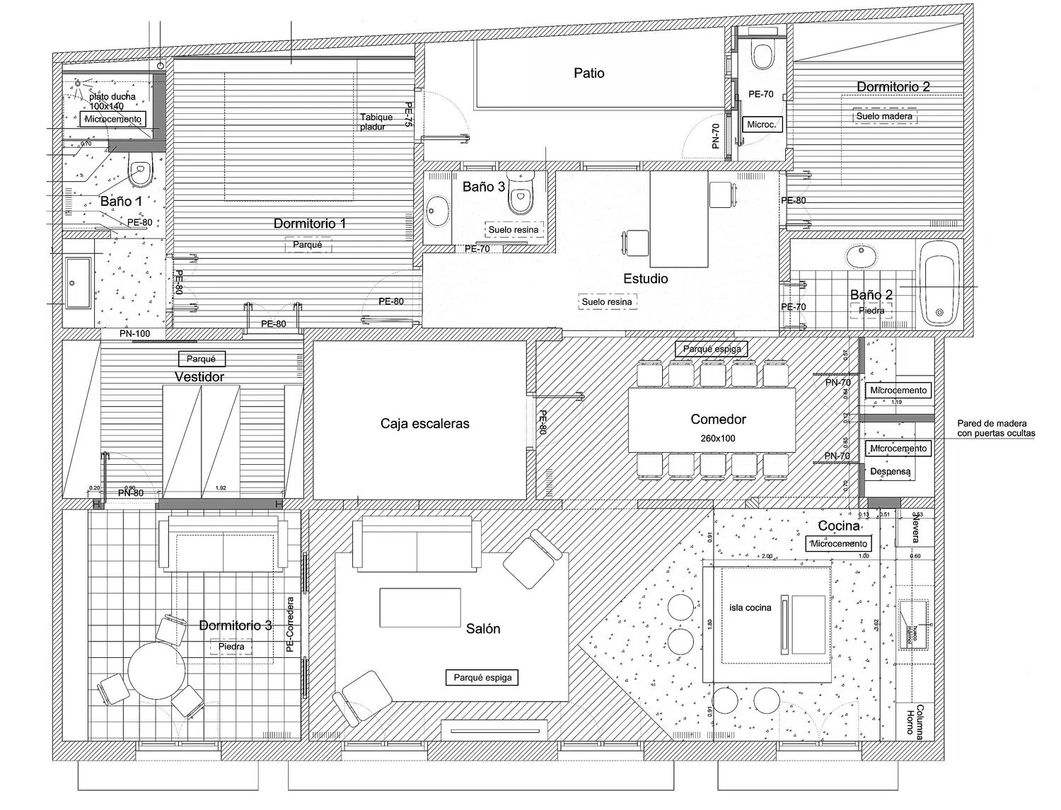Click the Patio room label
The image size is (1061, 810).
589,73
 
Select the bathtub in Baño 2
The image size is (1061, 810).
939,283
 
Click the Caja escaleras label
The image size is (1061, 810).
424,424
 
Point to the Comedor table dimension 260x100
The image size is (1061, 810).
718,438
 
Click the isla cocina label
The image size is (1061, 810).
750,608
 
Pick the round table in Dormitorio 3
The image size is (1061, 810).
156,669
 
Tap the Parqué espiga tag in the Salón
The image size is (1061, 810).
483,678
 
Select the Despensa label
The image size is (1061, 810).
890,471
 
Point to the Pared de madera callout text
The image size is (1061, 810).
996,429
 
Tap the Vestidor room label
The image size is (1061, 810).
199,377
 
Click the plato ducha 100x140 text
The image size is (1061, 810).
112,101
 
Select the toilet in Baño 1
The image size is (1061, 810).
141,168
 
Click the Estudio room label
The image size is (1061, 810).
645,279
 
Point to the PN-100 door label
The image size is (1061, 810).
134,333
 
